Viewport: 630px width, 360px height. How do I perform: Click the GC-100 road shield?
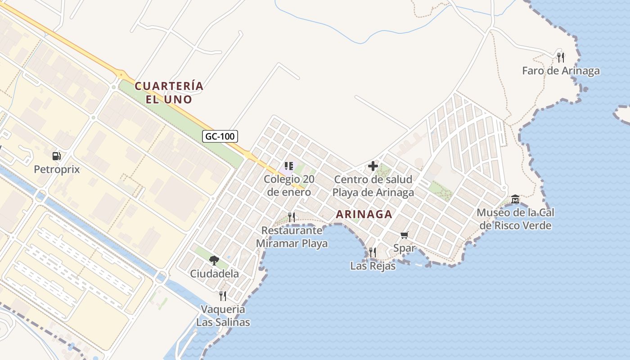pyautogui.click(x=220, y=136)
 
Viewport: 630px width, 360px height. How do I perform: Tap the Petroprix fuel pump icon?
pyautogui.click(x=57, y=156)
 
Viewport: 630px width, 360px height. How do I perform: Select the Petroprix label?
pyautogui.click(x=57, y=170)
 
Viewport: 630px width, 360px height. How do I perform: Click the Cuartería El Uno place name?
pyautogui.click(x=169, y=92)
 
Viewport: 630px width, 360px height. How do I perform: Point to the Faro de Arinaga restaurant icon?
pyautogui.click(x=561, y=58)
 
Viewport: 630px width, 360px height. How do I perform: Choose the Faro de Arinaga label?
pyautogui.click(x=561, y=71)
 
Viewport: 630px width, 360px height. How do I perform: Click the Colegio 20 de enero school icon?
pyautogui.click(x=289, y=166)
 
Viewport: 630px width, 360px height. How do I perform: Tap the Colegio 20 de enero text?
pyautogui.click(x=289, y=185)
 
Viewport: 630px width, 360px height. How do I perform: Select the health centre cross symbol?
pyautogui.click(x=373, y=166)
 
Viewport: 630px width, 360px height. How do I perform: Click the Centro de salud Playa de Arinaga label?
pyautogui.click(x=373, y=186)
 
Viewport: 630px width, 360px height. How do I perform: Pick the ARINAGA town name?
pyautogui.click(x=364, y=215)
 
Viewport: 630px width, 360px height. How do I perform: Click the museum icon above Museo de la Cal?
pyautogui.click(x=515, y=199)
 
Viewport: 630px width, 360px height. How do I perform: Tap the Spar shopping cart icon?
pyautogui.click(x=404, y=235)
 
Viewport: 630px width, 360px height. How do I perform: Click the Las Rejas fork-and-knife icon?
pyautogui.click(x=373, y=252)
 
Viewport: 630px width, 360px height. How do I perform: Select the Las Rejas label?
pyautogui.click(x=373, y=266)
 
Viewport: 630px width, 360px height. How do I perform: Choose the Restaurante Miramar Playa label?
pyautogui.click(x=292, y=237)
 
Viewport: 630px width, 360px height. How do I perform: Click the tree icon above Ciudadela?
pyautogui.click(x=214, y=260)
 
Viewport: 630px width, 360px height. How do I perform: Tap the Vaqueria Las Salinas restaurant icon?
pyautogui.click(x=223, y=296)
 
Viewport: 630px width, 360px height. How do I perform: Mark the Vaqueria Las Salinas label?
pyautogui.click(x=223, y=315)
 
